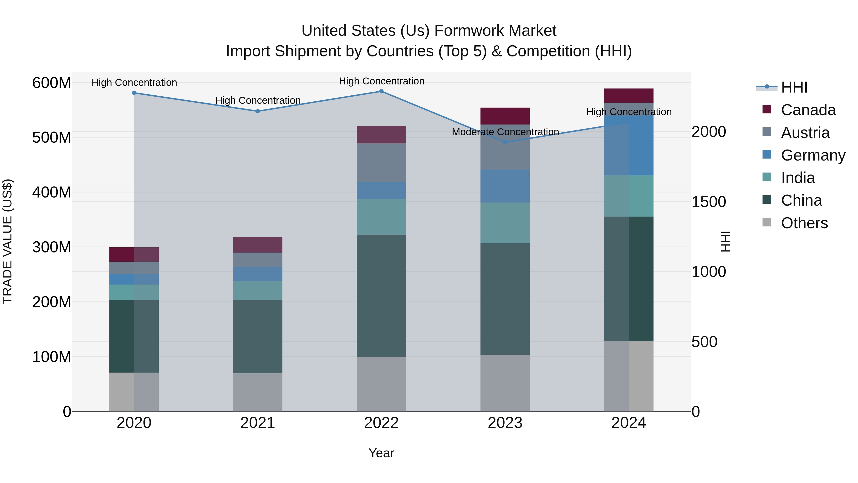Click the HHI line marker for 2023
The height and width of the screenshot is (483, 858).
tap(505, 142)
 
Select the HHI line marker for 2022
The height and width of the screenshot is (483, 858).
tap(381, 91)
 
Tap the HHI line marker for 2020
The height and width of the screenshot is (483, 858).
tap(134, 93)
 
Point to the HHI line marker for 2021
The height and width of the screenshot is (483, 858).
tap(258, 111)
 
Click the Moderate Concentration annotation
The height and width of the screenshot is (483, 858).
tap(505, 132)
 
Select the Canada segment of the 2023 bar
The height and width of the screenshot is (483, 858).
tap(505, 116)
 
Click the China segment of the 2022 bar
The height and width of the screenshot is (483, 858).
tap(381, 296)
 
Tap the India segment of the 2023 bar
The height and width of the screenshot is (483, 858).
tap(505, 223)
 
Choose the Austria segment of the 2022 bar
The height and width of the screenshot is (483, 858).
tap(381, 163)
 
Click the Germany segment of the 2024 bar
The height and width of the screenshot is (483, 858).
tap(629, 145)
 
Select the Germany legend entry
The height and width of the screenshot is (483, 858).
tap(813, 155)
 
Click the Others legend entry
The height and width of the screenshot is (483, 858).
tap(804, 223)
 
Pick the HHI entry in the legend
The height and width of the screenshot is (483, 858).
tap(794, 87)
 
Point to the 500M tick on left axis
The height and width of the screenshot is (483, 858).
tap(52, 137)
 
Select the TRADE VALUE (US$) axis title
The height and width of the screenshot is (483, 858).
tap(7, 241)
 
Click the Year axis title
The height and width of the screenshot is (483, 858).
tap(381, 453)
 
